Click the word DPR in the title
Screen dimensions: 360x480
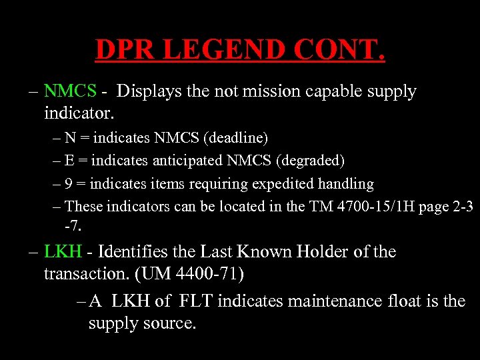point(126,50)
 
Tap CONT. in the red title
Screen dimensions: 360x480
point(339,50)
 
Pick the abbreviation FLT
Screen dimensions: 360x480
point(195,301)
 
